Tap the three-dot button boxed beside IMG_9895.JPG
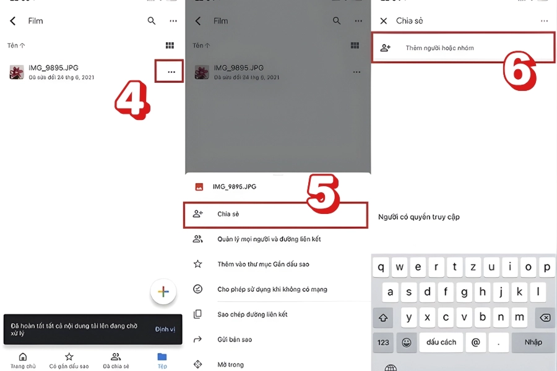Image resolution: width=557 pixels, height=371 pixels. (171, 72)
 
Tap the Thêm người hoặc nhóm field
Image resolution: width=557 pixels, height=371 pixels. (463, 48)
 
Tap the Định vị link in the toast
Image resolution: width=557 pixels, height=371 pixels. (165, 330)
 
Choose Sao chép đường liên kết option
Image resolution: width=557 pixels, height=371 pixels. (253, 314)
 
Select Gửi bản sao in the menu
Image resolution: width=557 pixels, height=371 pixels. (235, 339)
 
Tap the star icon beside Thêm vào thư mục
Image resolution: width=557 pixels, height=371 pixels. (198, 264)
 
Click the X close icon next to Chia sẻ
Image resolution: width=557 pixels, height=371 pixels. (384, 21)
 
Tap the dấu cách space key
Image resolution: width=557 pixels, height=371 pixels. (441, 342)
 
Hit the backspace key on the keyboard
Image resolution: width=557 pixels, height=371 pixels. (545, 317)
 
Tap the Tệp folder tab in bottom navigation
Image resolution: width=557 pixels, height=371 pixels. (162, 359)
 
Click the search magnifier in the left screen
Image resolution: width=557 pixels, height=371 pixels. (152, 21)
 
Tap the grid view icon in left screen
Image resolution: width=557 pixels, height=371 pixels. (170, 46)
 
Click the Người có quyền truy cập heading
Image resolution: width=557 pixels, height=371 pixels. (419, 217)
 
